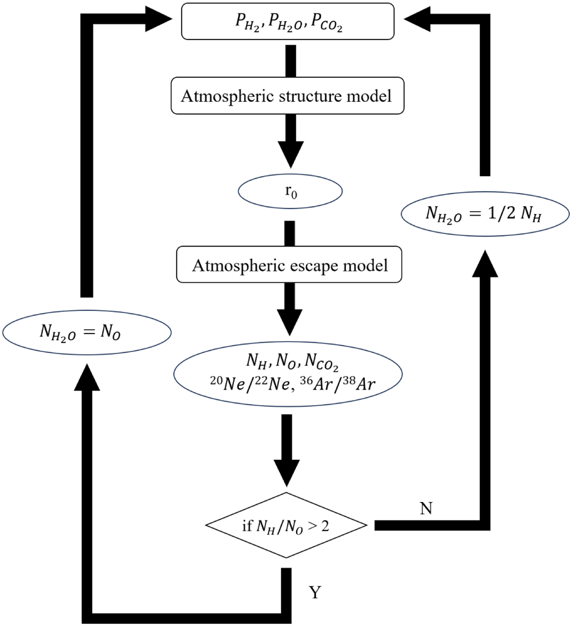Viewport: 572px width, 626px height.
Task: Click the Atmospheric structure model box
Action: point(287,96)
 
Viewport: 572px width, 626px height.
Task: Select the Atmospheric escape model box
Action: point(289,265)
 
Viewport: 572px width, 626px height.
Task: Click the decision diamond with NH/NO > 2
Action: point(286,525)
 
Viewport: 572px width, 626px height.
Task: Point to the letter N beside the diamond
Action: point(426,509)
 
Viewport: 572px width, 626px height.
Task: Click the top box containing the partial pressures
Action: point(288,21)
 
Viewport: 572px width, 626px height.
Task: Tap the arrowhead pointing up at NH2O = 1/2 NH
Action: point(485,264)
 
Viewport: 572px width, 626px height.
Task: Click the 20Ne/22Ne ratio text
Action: point(249,383)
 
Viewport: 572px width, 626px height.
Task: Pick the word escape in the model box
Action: point(316,265)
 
